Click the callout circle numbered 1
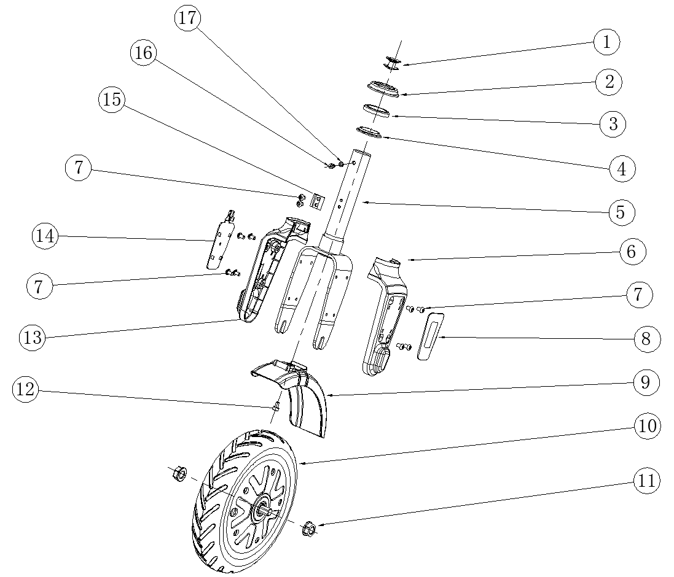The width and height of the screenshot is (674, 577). click(606, 42)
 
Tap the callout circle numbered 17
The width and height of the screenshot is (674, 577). click(189, 18)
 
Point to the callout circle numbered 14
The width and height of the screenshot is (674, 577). click(45, 236)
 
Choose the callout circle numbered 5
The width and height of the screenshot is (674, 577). click(621, 212)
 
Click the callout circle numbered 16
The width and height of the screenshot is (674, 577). click(143, 54)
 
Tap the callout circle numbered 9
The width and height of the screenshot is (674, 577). click(645, 382)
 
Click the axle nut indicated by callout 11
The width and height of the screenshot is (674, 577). click(310, 529)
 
